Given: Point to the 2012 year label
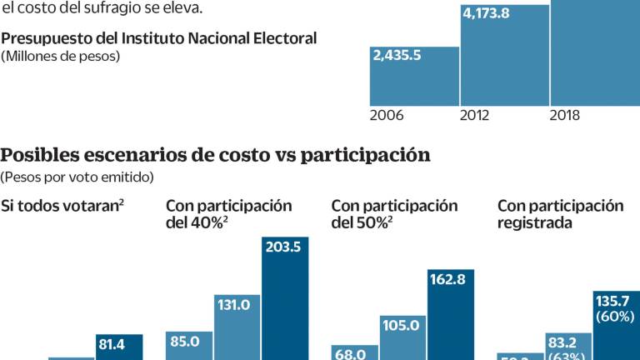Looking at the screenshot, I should (x=474, y=116).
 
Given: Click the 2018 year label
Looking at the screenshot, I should (x=564, y=116).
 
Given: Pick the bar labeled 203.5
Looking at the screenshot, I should (x=285, y=300).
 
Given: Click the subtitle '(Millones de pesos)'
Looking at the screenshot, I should (x=60, y=57).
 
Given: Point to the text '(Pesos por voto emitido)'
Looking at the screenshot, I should (x=77, y=177).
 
